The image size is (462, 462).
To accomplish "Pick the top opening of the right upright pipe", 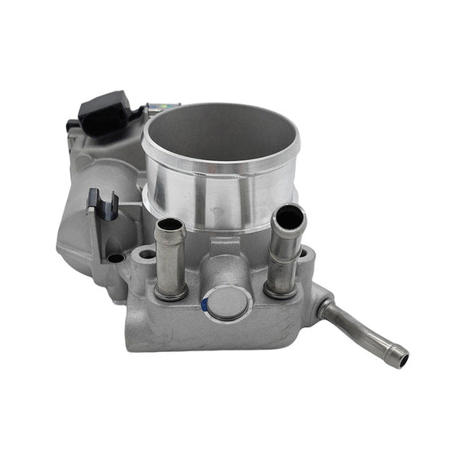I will coord(288,216).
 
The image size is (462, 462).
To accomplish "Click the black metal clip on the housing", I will coord(103,204).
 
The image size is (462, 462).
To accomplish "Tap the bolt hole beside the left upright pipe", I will coord(147,255).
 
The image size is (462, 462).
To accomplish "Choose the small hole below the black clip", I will coord(116,258).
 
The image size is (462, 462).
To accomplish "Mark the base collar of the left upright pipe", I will coord(172,292).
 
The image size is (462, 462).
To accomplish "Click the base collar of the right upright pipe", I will coord(280,288).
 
